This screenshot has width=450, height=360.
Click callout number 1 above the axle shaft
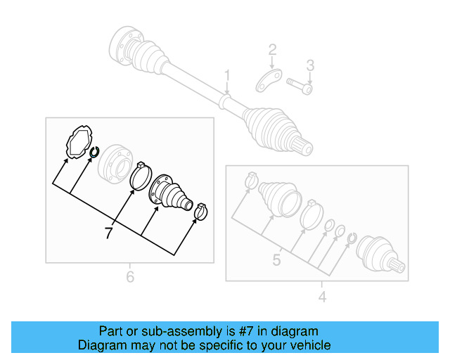(227, 76)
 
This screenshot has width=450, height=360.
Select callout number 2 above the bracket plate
(272, 50)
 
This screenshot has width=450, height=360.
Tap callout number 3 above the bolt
(309, 66)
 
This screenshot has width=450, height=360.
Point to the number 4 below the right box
(322, 297)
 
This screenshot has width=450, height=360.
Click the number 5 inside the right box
(276, 260)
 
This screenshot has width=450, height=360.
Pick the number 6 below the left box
(130, 277)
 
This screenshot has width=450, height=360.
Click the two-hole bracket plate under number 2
(268, 81)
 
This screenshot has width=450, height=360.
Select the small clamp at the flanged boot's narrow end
(201, 210)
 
